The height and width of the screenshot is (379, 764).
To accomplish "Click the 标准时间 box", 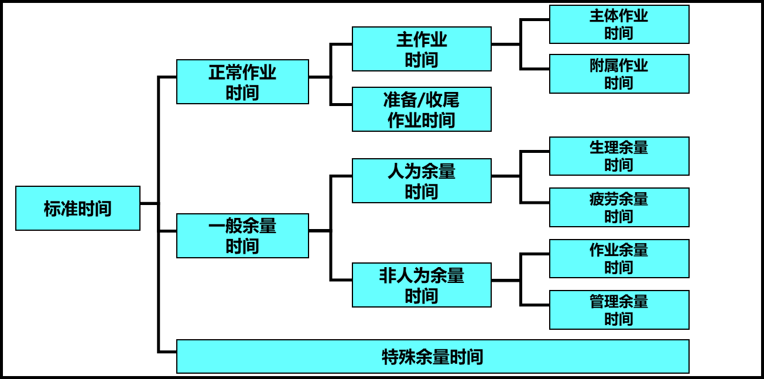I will pos(78,208).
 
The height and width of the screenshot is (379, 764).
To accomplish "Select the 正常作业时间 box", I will pos(242,81).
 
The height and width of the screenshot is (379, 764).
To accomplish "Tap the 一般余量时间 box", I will pos(242,235).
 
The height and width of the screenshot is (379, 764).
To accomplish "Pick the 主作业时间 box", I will pos(422,49).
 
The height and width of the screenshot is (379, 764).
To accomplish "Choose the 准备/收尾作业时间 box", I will pos(422,109).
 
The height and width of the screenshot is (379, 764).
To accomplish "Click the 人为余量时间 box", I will pos(422,180).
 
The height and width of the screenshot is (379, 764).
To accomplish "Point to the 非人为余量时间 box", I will pos(422,285).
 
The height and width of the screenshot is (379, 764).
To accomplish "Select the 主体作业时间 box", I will pos(619,24).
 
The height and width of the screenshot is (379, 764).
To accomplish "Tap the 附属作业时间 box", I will pos(619,74).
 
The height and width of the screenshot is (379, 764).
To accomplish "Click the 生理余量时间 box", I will pos(619,156).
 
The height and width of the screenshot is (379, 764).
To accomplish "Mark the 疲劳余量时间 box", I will pos(619,207).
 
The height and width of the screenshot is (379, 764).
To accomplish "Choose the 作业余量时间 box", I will pos(619,258).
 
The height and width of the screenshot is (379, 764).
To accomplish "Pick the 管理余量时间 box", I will pos(619,310).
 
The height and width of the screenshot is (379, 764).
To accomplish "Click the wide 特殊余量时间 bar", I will pos(433,356).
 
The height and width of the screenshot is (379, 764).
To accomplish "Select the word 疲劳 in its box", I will pos(604,199).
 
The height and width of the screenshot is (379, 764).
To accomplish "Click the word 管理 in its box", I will pos(604,302).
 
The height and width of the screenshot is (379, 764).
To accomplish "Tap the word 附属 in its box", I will pos(604,66).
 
